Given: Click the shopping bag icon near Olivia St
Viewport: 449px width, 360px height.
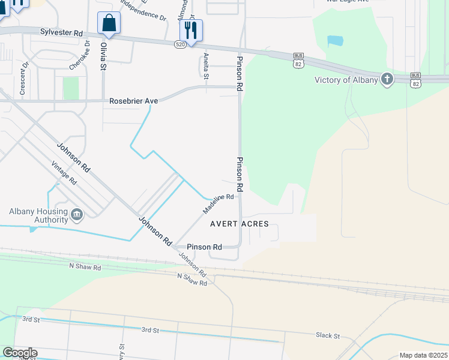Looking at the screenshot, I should [109, 23].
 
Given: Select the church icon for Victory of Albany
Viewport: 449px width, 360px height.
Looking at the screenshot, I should [387, 79].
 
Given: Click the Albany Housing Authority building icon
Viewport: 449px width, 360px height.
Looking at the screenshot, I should [77, 214].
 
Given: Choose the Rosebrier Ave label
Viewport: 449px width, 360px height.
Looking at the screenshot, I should [133, 101].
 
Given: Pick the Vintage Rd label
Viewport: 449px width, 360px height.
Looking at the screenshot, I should [64, 173].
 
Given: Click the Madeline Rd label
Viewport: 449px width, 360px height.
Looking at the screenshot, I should [217, 205].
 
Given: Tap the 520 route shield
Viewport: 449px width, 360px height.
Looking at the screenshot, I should [181, 44].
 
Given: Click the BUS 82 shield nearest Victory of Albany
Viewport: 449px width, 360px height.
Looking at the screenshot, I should [415, 79].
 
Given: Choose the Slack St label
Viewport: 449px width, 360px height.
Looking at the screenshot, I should [328, 336].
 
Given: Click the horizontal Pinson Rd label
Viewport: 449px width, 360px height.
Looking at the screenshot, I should [204, 247].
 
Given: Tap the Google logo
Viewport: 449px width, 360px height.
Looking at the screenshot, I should [20, 353].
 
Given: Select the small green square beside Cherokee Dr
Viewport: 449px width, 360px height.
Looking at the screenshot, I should [71, 88].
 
